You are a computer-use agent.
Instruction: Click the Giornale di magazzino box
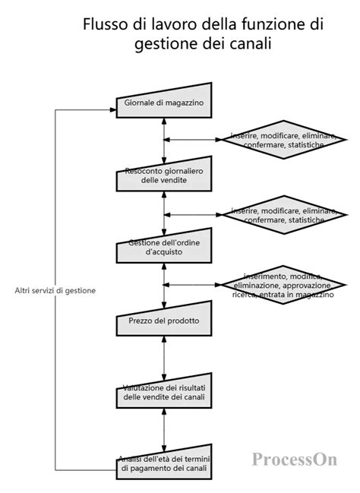point(163,101)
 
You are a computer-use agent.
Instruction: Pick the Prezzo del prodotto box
point(163,321)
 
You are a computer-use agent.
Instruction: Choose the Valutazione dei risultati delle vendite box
point(163,393)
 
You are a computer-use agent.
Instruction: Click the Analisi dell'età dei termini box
point(163,464)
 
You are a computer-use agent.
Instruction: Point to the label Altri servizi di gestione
point(55,290)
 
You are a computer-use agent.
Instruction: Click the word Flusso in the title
point(105,25)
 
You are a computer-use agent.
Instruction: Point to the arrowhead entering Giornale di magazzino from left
point(112,109)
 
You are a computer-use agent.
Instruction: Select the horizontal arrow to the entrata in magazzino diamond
point(194,285)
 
